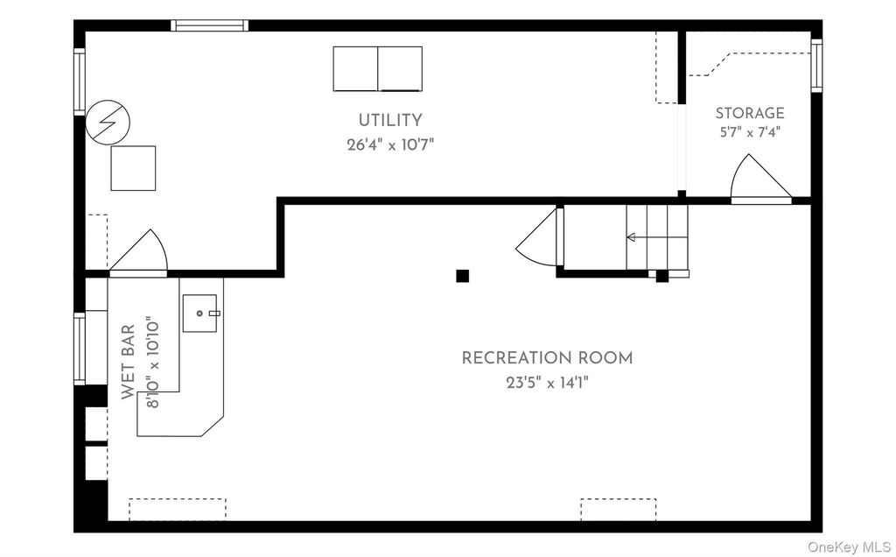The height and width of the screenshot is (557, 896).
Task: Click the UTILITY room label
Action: (390, 121)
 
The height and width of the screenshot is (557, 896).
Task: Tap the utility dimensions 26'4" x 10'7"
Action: (390, 145)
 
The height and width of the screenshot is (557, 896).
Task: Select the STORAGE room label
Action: (750, 113)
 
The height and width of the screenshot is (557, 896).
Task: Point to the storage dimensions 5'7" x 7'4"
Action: (750, 132)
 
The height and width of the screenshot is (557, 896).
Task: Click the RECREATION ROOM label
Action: (547, 358)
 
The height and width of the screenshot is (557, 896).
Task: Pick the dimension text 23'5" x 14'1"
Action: (547, 382)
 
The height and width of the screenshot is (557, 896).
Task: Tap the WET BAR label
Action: (128, 362)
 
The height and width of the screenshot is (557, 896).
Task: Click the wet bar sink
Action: (200, 313)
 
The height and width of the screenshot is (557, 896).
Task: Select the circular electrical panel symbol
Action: (108, 123)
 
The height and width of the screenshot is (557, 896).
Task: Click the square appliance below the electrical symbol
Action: (133, 168)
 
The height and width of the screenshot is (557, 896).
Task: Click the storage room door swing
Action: (760, 179)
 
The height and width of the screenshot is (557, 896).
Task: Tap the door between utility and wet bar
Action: (138, 253)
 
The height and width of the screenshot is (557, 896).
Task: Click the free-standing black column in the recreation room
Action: (462, 276)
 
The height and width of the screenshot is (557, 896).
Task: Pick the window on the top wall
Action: (210, 25)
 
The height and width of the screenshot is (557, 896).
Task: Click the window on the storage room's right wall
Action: (816, 65)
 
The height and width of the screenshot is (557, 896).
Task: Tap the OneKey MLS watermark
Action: (849, 547)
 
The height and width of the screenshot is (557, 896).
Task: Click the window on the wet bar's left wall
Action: (80, 349)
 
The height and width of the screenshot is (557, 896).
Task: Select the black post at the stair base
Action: (661, 276)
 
